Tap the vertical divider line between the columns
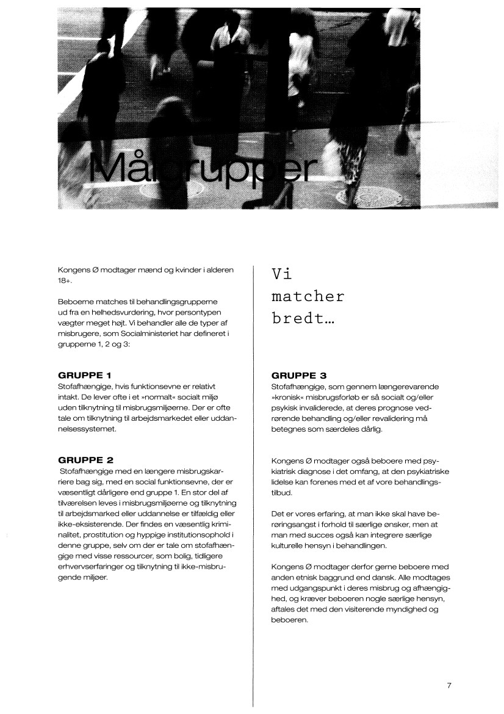click(253, 489)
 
